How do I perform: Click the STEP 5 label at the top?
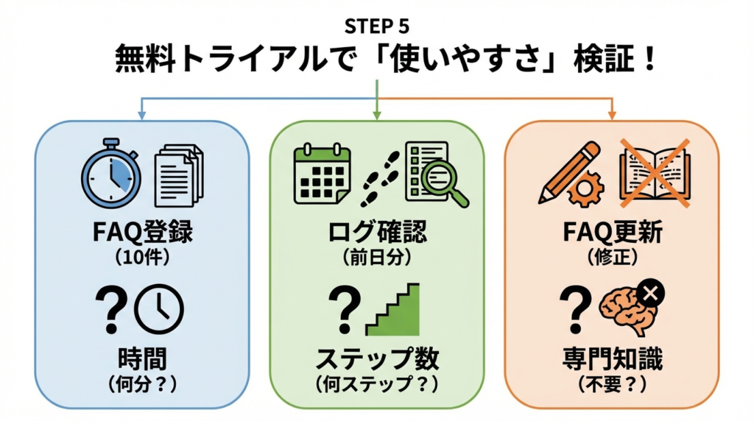376,26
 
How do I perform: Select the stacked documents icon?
177,174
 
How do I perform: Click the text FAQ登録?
143,234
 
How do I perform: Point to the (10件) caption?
143,258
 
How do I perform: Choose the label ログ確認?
376,234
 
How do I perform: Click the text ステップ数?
377,358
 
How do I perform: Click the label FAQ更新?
611,234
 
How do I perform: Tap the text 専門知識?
611,358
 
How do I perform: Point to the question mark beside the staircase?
343,308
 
